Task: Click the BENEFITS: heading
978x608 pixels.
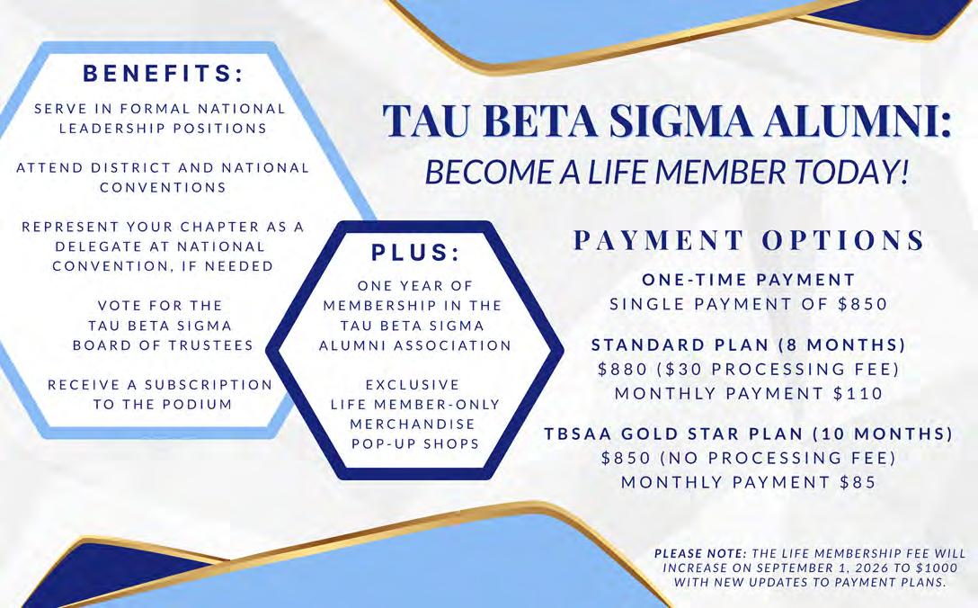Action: (x=164, y=71)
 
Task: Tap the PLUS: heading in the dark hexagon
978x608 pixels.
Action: (x=415, y=250)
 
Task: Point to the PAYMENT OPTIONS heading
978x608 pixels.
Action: (x=749, y=241)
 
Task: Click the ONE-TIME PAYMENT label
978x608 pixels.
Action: (x=749, y=280)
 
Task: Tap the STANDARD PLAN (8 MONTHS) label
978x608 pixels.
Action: (x=749, y=344)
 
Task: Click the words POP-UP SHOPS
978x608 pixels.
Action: (x=414, y=443)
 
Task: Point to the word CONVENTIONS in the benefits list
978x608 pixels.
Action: (x=163, y=187)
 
